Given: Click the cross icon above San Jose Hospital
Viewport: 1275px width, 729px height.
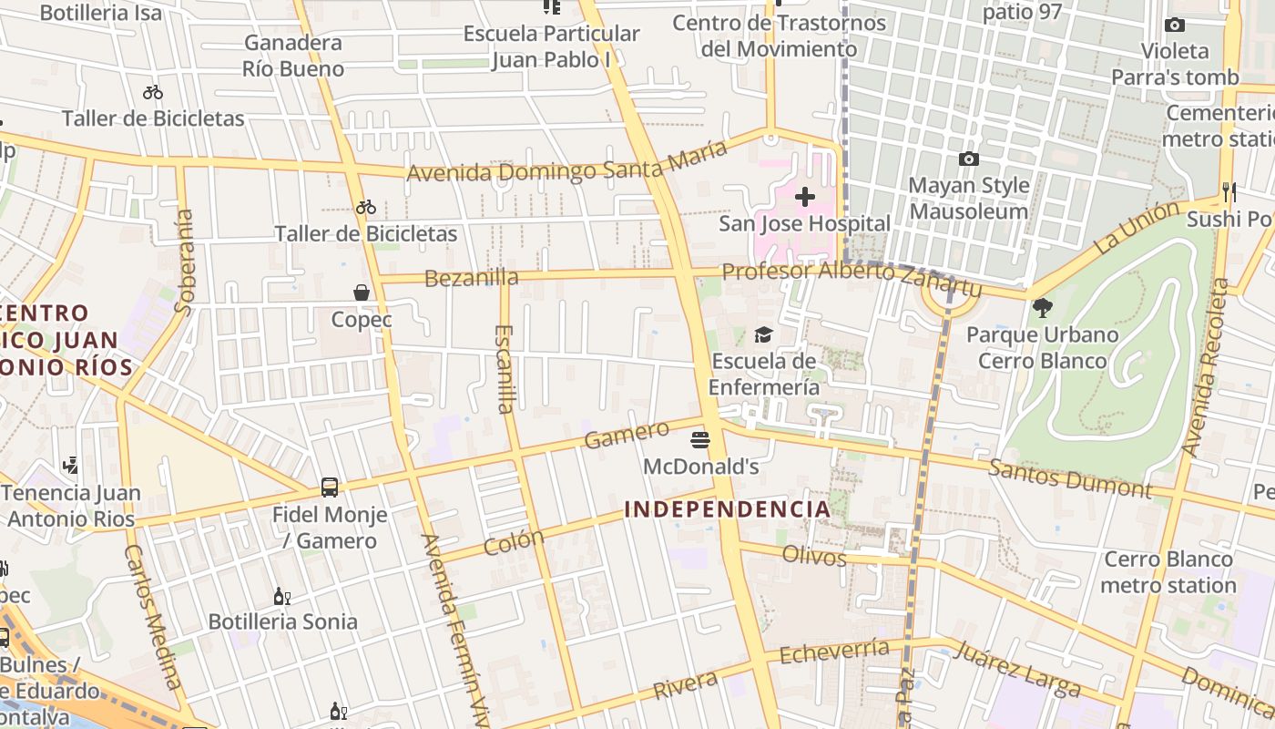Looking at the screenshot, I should point(805,197).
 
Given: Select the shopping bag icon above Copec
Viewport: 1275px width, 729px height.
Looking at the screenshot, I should point(362,293).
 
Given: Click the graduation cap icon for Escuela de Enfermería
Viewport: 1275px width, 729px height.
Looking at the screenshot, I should point(763,335).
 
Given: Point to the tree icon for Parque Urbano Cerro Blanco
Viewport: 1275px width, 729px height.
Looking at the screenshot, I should point(1042,308).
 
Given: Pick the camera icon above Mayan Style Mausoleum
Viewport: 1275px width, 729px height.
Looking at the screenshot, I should point(969,159).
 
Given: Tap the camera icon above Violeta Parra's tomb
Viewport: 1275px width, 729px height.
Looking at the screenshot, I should point(1175,26).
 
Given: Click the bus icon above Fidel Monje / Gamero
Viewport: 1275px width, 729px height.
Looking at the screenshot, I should point(330,488).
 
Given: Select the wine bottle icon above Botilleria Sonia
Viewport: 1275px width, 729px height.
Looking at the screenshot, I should point(282,597).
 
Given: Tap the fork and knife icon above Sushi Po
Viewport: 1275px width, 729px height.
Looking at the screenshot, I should point(1229,192).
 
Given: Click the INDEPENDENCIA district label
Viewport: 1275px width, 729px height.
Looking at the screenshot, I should point(728,509).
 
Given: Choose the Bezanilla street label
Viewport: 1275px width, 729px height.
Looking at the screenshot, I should point(472,278).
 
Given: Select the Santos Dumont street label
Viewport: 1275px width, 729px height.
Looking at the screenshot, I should point(1069,478).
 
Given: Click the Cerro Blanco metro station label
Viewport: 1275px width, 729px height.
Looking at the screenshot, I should point(1169,572).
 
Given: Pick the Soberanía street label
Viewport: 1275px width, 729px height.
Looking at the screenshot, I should point(184,262).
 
